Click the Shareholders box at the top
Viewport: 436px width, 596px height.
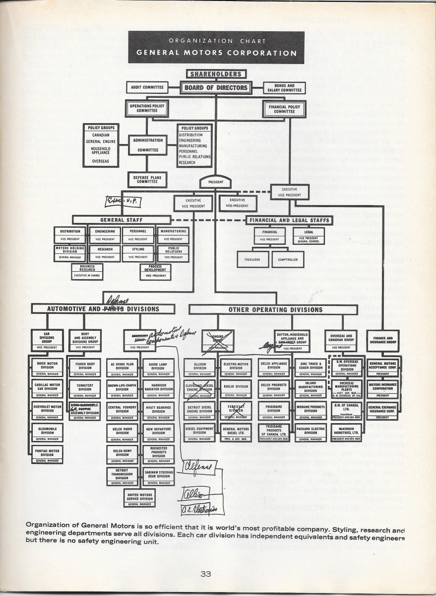point(216,74)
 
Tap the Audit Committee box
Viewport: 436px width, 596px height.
point(147,87)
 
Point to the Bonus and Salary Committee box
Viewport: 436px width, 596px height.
point(284,88)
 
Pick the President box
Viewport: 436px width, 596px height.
point(216,182)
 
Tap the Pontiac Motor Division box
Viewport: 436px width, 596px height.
point(47,454)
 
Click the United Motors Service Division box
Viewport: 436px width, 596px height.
point(140,498)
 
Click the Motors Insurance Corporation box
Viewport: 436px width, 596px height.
point(382,388)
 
